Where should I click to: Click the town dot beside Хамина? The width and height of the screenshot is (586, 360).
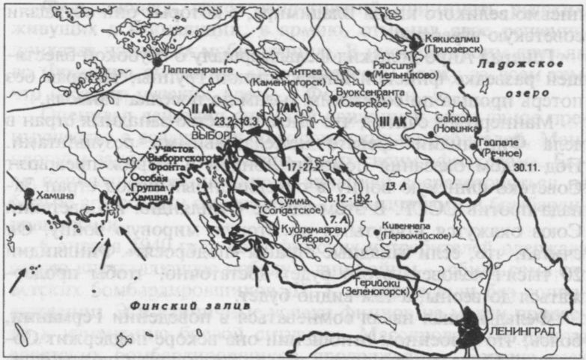click(x=28, y=193)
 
